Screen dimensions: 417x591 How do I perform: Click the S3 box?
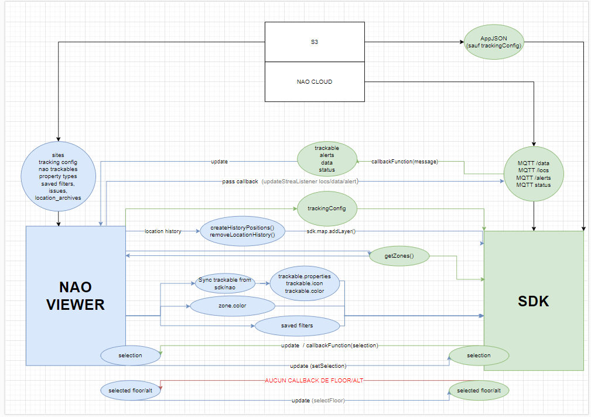(x=315, y=42)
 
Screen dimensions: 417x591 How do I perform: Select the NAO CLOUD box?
(x=315, y=81)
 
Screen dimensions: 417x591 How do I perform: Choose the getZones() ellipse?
(x=399, y=255)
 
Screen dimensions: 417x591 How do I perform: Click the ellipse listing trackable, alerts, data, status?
(x=327, y=159)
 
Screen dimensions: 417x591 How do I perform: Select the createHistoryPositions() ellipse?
(x=242, y=231)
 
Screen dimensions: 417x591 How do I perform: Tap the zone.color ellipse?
(x=231, y=305)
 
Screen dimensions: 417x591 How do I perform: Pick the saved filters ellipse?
(x=297, y=326)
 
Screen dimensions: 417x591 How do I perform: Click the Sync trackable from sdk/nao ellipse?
(x=225, y=283)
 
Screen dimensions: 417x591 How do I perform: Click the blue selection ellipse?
(x=130, y=355)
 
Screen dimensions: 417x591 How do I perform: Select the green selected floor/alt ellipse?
(x=479, y=391)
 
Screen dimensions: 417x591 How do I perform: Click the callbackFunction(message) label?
(x=405, y=161)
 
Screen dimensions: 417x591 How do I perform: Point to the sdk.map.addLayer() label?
(x=331, y=231)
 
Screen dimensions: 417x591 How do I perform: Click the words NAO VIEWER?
(x=76, y=296)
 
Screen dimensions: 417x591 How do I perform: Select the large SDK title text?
(x=534, y=300)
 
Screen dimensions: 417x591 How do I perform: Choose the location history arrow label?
(x=163, y=231)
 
